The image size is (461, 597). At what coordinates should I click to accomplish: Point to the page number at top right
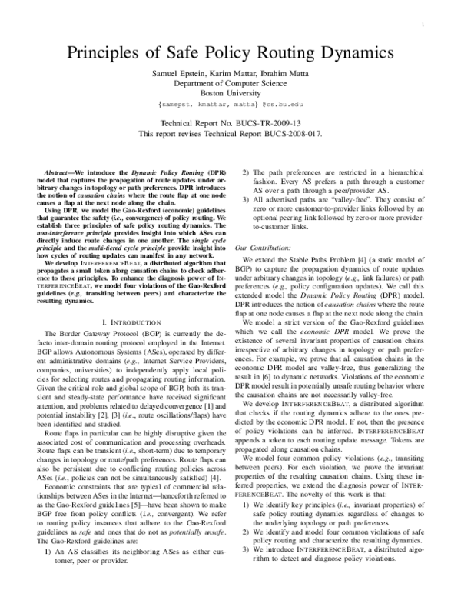click(x=425, y=25)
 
